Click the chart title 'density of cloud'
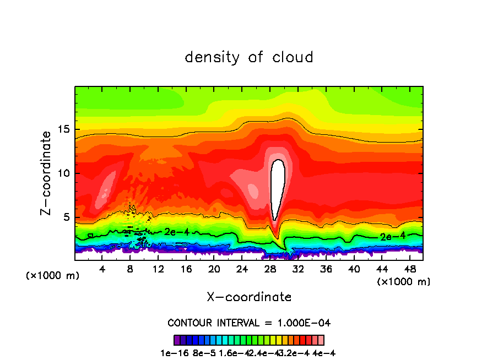click(249, 57)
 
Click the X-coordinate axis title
click(249, 297)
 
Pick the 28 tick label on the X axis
click(270, 269)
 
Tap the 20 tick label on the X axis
click(214, 269)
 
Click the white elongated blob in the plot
click(278, 187)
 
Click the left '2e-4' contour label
click(177, 232)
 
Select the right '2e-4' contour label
click(393, 237)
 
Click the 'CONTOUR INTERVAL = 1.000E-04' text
click(249, 323)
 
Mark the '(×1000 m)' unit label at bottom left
click(53, 276)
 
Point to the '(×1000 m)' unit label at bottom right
click(404, 282)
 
